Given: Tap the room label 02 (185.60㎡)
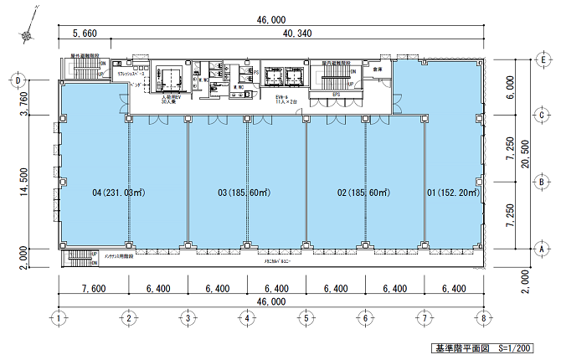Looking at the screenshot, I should (x=363, y=193).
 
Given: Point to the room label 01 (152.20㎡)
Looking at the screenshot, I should (x=453, y=193).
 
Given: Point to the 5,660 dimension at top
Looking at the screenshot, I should (x=85, y=33).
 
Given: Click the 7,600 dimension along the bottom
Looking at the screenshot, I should (x=92, y=288).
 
